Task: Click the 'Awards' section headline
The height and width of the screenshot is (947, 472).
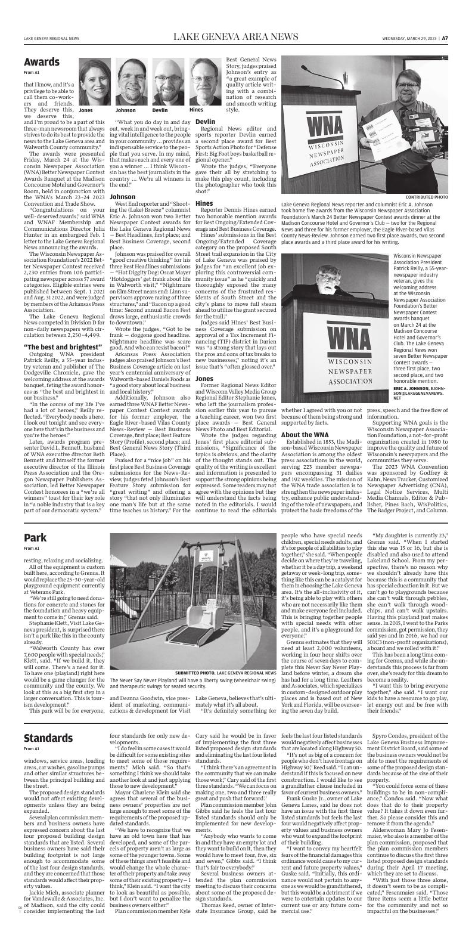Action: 41,62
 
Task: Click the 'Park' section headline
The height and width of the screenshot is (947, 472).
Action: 35,539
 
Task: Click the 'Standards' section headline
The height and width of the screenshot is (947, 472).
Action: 48,738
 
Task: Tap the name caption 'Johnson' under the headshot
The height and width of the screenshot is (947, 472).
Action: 125,110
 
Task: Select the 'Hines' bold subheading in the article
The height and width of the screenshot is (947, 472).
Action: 204,203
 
